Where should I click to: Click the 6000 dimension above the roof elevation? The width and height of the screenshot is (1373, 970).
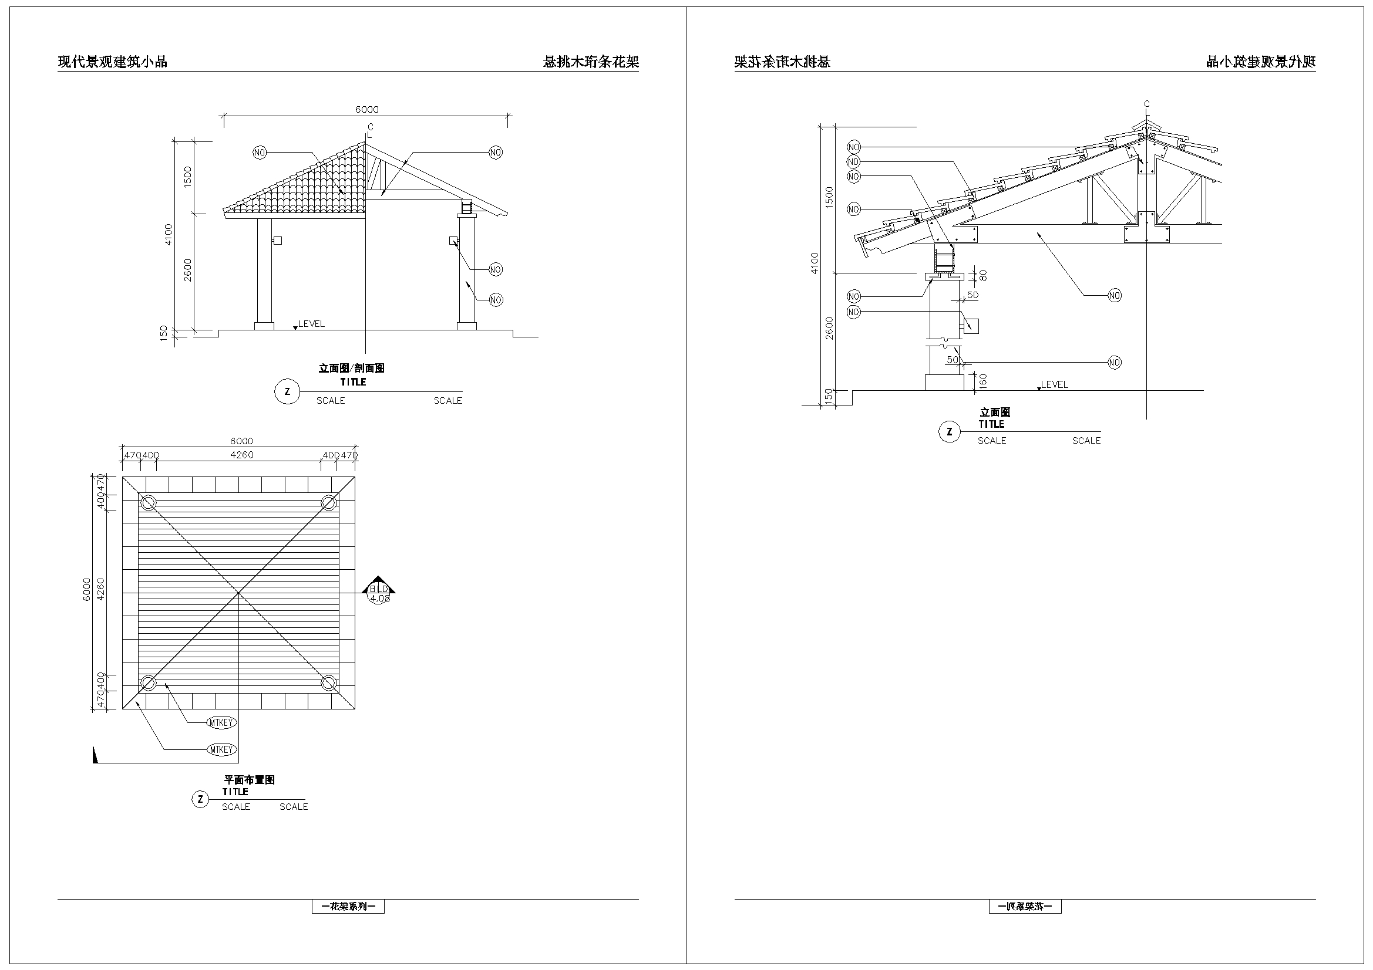point(366,109)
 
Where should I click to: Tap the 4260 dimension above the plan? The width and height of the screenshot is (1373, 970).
point(241,455)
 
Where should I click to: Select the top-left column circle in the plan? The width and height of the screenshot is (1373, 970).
point(149,503)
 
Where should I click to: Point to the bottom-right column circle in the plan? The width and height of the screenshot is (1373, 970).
point(328,682)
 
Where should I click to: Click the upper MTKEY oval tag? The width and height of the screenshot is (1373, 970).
point(221,722)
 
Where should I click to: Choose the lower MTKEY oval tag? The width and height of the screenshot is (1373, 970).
point(221,749)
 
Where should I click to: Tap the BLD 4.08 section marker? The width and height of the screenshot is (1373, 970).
point(379,593)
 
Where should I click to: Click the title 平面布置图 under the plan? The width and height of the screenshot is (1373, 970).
point(250,780)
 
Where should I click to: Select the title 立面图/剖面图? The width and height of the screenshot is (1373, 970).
point(351,368)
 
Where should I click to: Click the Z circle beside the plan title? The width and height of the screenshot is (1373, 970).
point(200,799)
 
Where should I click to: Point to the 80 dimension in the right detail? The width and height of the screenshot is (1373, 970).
point(983,275)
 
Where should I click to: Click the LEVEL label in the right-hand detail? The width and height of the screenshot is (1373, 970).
point(1054,385)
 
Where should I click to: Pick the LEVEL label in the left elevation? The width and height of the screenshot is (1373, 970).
point(312,324)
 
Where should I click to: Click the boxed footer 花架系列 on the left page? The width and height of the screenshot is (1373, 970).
point(348,907)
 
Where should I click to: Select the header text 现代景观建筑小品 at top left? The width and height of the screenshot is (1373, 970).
point(112,62)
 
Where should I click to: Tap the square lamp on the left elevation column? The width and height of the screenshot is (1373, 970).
point(277,241)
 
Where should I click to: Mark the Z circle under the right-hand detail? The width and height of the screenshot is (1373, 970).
point(950,431)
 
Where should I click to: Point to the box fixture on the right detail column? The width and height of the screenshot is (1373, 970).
point(971,326)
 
